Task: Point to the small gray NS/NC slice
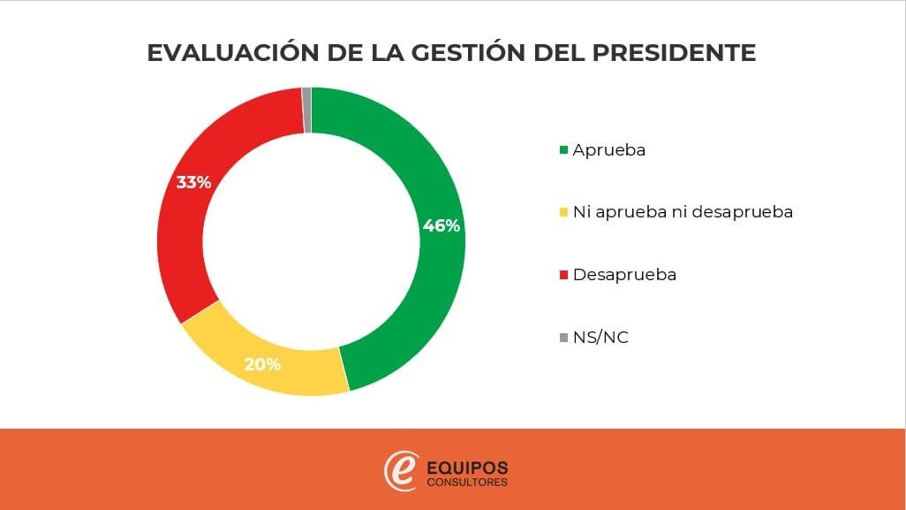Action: pos(306,110)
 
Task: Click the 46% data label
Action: pos(441,225)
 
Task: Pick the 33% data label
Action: pos(193,183)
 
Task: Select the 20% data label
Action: pos(262,363)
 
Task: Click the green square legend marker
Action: pos(563,150)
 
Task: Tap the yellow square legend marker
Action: pos(563,213)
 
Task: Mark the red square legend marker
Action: pos(563,275)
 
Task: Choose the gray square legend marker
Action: pos(563,338)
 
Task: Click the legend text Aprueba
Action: pos(609,150)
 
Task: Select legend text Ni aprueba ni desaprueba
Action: pos(683,212)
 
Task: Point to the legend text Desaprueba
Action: pos(624,275)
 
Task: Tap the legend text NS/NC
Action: pos(600,338)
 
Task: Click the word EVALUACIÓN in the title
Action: pos(224,53)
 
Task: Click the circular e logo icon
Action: pos(400,470)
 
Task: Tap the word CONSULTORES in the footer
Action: pos(467,483)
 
